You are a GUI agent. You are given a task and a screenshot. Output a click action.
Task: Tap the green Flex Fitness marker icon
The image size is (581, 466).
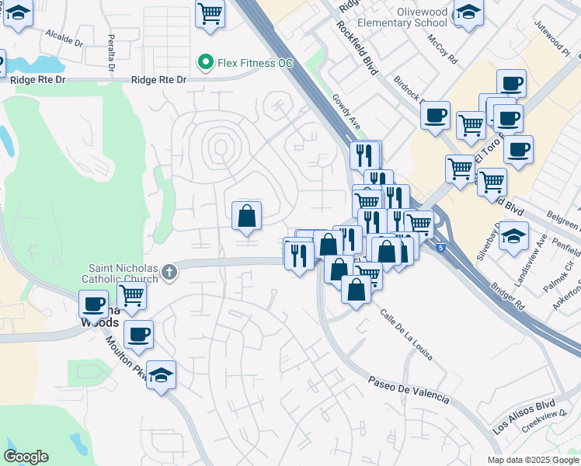206,61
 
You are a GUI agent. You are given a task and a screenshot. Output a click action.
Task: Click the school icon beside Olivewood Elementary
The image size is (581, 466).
468,12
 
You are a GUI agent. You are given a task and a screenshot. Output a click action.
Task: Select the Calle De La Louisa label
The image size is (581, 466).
405,334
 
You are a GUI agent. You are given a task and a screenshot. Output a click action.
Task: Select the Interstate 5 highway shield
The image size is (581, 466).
441,247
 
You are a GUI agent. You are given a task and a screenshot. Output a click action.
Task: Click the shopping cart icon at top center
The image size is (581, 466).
210,13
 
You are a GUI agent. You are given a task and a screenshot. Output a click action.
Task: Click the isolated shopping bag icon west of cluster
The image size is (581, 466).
246,215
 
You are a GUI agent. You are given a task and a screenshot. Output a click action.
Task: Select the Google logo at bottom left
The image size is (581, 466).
26,457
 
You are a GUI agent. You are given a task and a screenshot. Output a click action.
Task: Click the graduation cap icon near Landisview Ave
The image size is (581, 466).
513,235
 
